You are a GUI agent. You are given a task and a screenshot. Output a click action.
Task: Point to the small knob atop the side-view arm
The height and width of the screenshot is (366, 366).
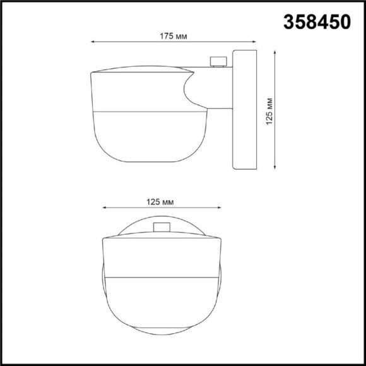218,61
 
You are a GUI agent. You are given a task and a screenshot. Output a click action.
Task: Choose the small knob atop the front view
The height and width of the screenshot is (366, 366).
161,227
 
